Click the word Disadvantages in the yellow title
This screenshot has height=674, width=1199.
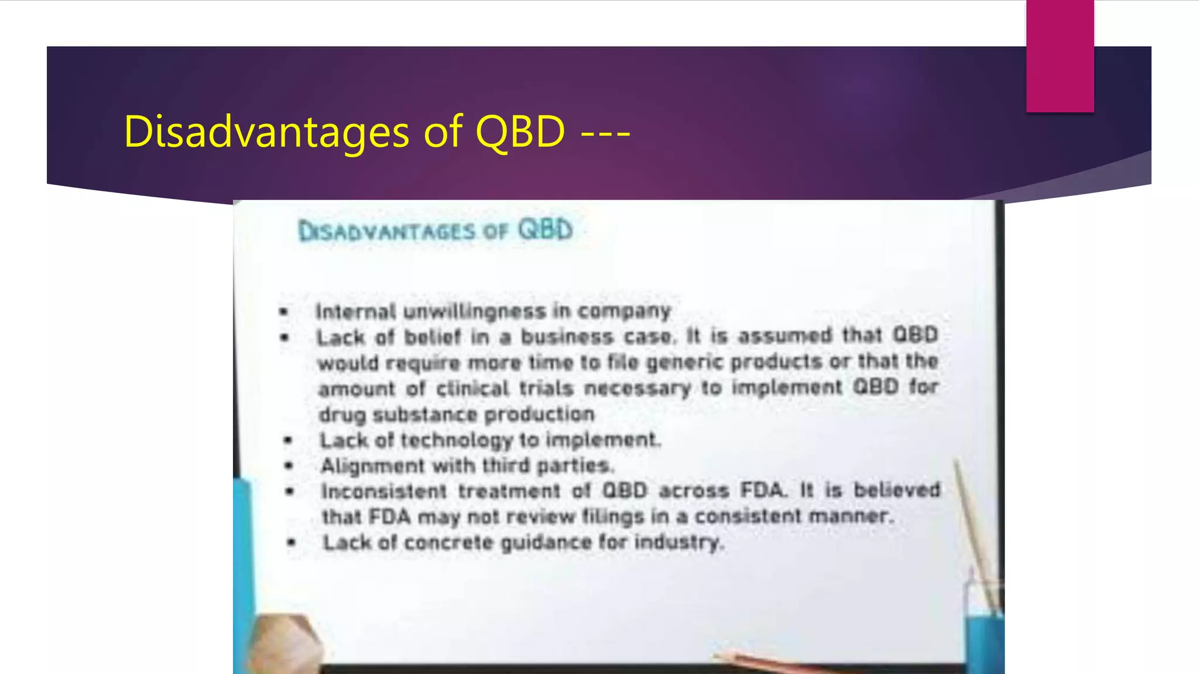pyautogui.click(x=266, y=132)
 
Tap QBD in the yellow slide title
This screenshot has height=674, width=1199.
pyautogui.click(x=520, y=132)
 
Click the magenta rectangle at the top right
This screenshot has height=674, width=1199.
pyautogui.click(x=1060, y=56)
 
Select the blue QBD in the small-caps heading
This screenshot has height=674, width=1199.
pyautogui.click(x=545, y=229)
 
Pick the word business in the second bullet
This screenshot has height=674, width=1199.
pyautogui.click(x=567, y=337)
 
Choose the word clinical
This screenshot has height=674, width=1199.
pyautogui.click(x=472, y=388)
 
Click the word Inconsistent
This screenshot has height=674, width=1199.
pyautogui.click(x=384, y=491)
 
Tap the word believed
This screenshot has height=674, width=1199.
pyautogui.click(x=896, y=490)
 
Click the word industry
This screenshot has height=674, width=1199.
pyautogui.click(x=679, y=542)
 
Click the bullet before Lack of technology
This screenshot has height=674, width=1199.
pyautogui.click(x=287, y=441)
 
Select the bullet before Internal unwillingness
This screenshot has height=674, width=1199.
pyautogui.click(x=284, y=312)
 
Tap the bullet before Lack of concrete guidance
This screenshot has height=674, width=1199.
pyautogui.click(x=291, y=543)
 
